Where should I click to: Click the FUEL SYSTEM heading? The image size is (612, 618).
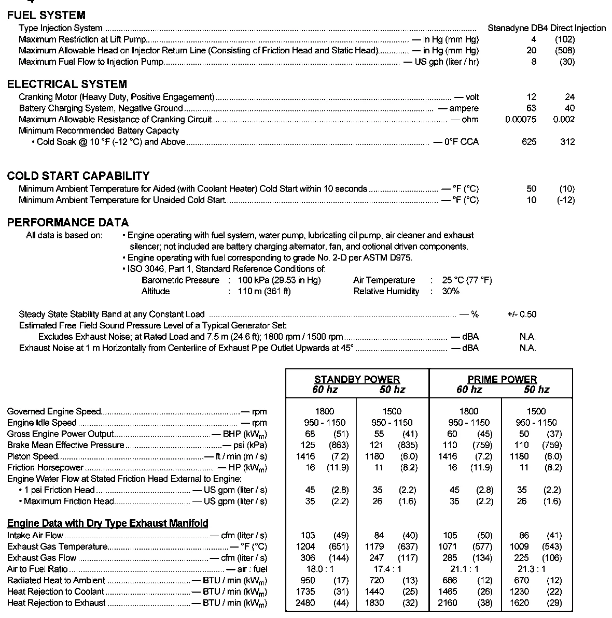click(x=46, y=16)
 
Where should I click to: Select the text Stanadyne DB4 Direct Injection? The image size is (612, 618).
click(x=546, y=28)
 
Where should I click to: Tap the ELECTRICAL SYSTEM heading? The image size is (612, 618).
click(x=67, y=84)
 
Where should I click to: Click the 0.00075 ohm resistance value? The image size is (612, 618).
click(x=521, y=120)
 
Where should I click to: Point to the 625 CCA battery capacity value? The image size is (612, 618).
click(x=529, y=142)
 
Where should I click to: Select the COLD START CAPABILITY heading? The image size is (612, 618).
click(x=78, y=176)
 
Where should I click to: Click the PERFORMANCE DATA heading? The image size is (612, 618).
click(x=68, y=223)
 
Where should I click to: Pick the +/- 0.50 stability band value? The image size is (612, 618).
click(x=522, y=314)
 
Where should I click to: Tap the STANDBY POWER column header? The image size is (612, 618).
click(x=357, y=379)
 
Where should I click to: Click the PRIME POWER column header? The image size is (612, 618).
click(x=502, y=379)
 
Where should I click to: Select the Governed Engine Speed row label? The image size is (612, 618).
click(x=54, y=412)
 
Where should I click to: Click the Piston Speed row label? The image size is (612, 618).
click(x=33, y=456)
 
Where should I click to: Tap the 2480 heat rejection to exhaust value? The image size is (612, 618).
click(x=305, y=603)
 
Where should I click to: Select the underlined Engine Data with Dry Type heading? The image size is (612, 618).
click(x=108, y=523)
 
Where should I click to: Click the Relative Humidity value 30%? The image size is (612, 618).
click(x=451, y=292)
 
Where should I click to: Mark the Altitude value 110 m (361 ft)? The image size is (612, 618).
click(x=264, y=292)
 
